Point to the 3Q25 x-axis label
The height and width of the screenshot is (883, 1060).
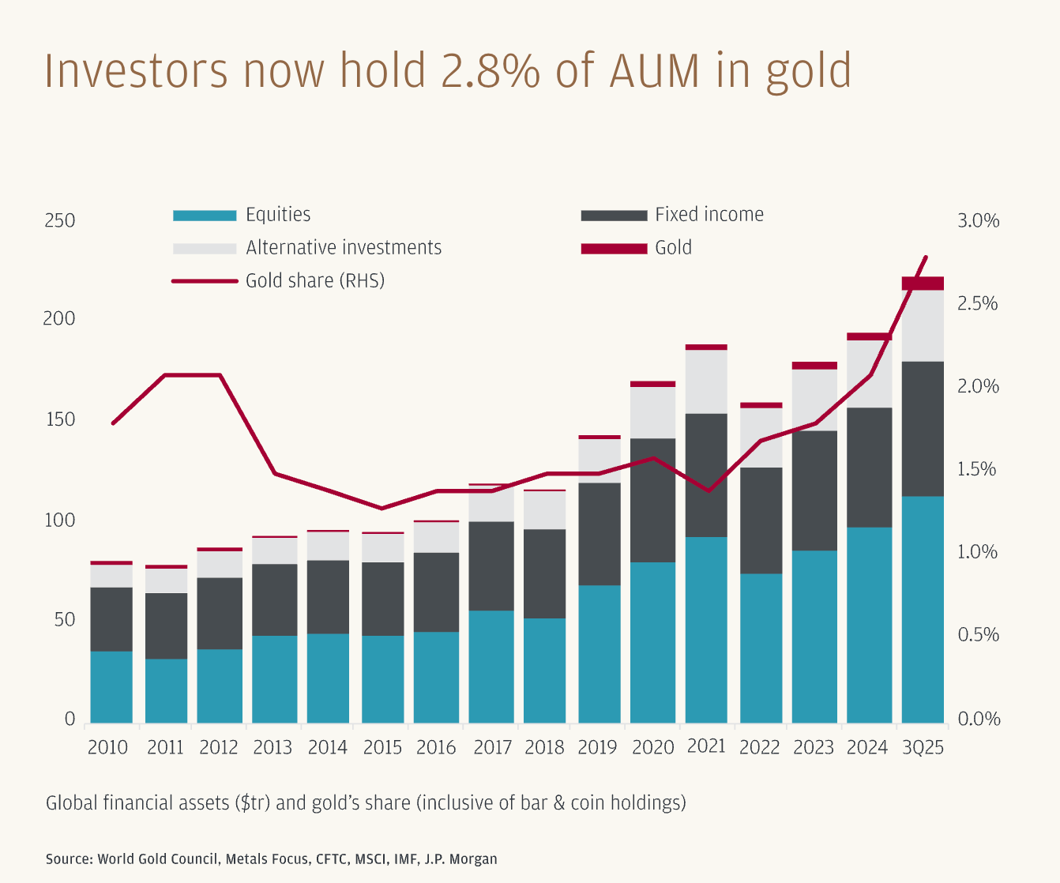tap(923, 747)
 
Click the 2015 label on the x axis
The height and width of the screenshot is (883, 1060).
tap(382, 747)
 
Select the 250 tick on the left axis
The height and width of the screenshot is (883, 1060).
tap(59, 220)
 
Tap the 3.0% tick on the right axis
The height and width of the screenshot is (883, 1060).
tap(978, 221)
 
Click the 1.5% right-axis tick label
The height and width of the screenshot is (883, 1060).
tap(978, 470)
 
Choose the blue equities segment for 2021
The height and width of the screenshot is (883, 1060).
tap(706, 629)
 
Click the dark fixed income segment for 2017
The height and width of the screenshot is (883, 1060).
tap(491, 565)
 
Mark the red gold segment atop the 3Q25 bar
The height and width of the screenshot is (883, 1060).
tap(923, 284)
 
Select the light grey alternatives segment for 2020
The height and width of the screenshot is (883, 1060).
tap(652, 412)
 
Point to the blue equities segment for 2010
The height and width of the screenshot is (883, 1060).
tap(111, 686)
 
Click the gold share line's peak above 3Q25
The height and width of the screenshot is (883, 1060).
tap(926, 257)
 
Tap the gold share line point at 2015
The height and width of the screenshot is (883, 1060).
tap(382, 508)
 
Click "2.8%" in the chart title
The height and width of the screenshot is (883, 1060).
tap(490, 71)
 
